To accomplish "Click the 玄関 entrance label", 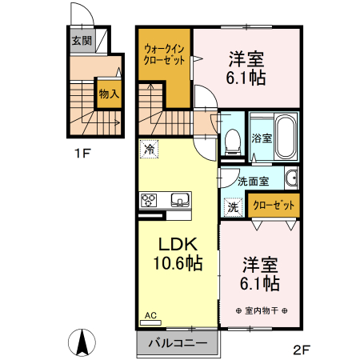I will click(x=81, y=40).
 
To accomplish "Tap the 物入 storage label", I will click(x=108, y=94).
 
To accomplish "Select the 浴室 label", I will click(x=261, y=138).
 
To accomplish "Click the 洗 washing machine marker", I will click(x=233, y=206).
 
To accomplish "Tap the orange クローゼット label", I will click(x=274, y=206).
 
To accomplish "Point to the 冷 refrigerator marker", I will click(x=150, y=148).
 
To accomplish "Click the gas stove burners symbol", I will click(x=150, y=200).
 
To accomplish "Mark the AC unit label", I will click(x=150, y=316).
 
